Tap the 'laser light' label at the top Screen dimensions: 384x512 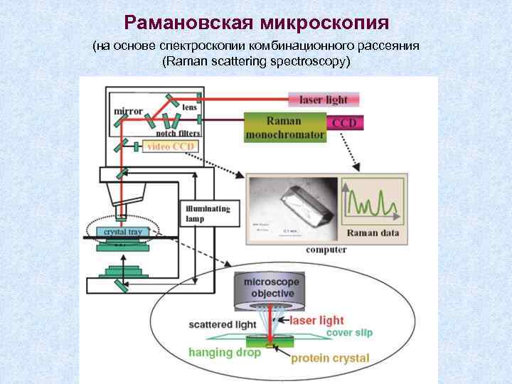pyautogui.click(x=323, y=100)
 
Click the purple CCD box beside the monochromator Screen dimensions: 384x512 pyautogui.click(x=344, y=123)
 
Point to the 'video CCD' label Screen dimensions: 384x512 pyautogui.click(x=170, y=146)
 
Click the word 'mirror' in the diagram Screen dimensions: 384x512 pyautogui.click(x=129, y=112)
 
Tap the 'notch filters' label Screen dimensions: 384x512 pyautogui.click(x=177, y=133)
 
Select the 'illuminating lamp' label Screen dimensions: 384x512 pyautogui.click(x=207, y=213)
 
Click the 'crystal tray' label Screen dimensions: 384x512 pyautogui.click(x=122, y=231)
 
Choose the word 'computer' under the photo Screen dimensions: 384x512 pyautogui.click(x=326, y=250)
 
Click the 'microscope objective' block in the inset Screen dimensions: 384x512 pyautogui.click(x=271, y=288)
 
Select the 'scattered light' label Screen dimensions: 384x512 pyautogui.click(x=222, y=324)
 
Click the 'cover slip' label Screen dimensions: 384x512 pyautogui.click(x=348, y=332)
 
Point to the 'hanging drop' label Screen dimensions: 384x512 pyautogui.click(x=225, y=352)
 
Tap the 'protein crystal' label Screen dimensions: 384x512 pyautogui.click(x=330, y=358)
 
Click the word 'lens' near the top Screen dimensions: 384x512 pyautogui.click(x=189, y=107)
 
